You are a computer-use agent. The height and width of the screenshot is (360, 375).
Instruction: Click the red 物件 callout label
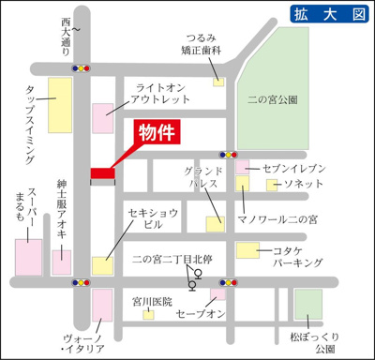pos(158,133)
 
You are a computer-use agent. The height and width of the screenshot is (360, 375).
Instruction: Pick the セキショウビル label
pos(149,218)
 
